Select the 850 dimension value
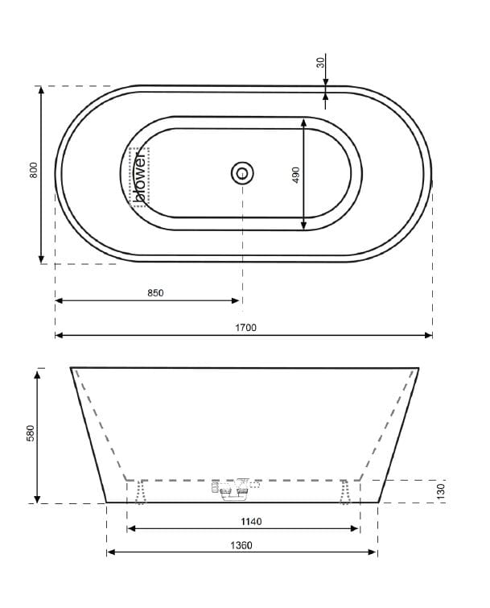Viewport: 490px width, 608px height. pyautogui.click(x=155, y=292)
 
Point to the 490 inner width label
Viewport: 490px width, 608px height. pyautogui.click(x=295, y=175)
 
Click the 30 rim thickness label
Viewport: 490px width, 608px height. pyautogui.click(x=320, y=62)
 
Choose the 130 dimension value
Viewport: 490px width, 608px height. pyautogui.click(x=442, y=490)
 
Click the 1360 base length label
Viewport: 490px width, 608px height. pyautogui.click(x=241, y=545)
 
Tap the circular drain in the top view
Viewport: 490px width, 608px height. pyautogui.click(x=242, y=172)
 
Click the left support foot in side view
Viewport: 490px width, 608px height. pyautogui.click(x=142, y=491)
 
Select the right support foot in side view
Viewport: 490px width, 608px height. pyautogui.click(x=346, y=491)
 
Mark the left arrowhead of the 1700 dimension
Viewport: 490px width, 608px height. pyautogui.click(x=59, y=335)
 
